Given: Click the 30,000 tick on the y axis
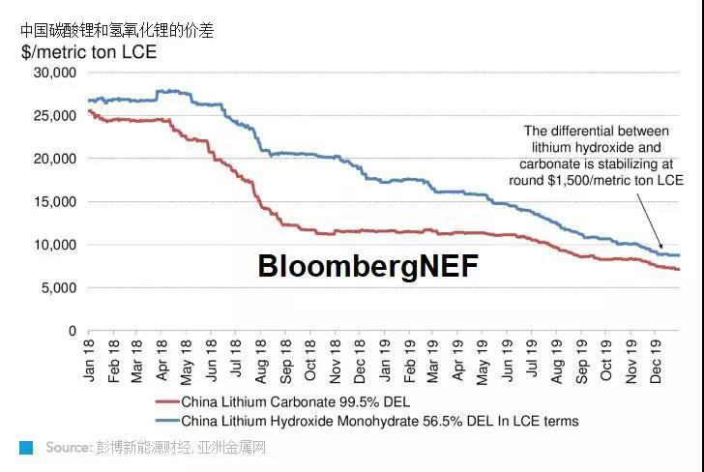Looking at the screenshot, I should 54,73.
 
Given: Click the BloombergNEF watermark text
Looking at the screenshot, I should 367,266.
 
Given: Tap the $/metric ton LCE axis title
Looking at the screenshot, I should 88,50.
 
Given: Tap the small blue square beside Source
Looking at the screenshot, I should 26,448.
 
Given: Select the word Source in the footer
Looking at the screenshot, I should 67,448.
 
